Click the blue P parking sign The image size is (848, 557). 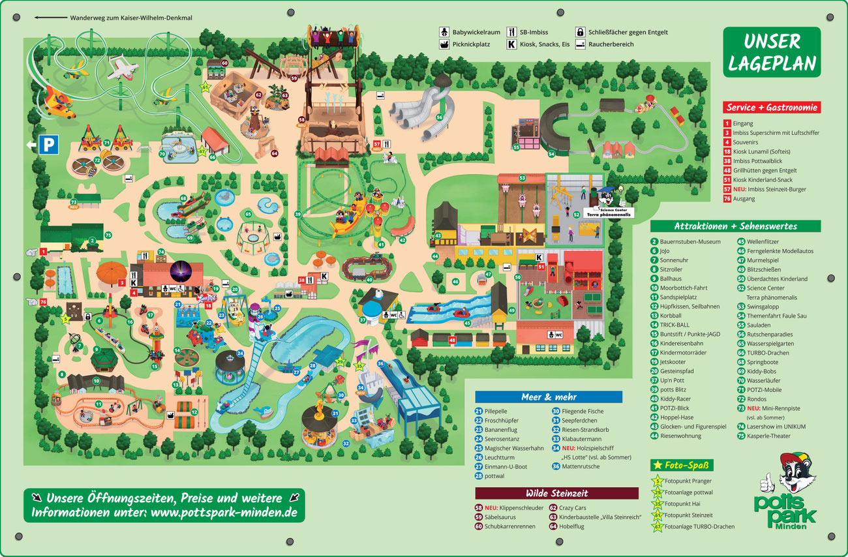[48, 144]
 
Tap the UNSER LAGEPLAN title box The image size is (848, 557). [772, 52]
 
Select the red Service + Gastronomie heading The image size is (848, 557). [771, 108]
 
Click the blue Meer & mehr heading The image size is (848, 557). [548, 397]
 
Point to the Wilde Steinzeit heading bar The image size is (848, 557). [556, 493]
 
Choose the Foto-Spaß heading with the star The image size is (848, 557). [682, 465]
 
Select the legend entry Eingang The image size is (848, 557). [742, 123]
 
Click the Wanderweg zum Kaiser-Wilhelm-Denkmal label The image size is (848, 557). [130, 18]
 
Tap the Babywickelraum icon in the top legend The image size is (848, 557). [444, 32]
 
